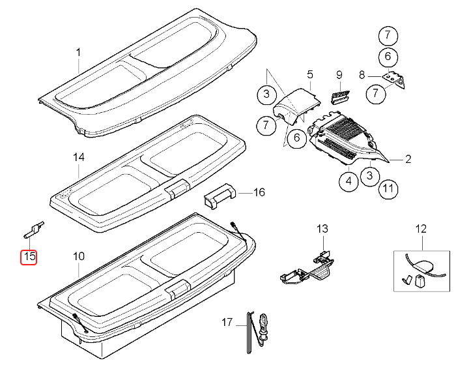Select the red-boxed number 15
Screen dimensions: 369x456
pyautogui.click(x=29, y=256)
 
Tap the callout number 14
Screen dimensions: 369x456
pyautogui.click(x=79, y=157)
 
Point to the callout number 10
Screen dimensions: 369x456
pyautogui.click(x=78, y=256)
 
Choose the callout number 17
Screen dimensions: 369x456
pyautogui.click(x=227, y=322)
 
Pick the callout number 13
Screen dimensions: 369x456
pyautogui.click(x=323, y=229)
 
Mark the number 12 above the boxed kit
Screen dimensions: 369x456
pyautogui.click(x=420, y=229)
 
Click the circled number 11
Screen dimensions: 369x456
pyautogui.click(x=388, y=190)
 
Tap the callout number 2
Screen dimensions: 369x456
pyautogui.click(x=408, y=158)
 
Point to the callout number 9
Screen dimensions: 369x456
pyautogui.click(x=339, y=75)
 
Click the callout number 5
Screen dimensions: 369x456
pyautogui.click(x=310, y=74)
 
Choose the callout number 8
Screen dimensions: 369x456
pyautogui.click(x=362, y=76)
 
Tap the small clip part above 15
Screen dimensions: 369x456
pyautogui.click(x=34, y=228)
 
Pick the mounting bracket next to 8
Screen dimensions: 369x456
pyautogui.click(x=393, y=79)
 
